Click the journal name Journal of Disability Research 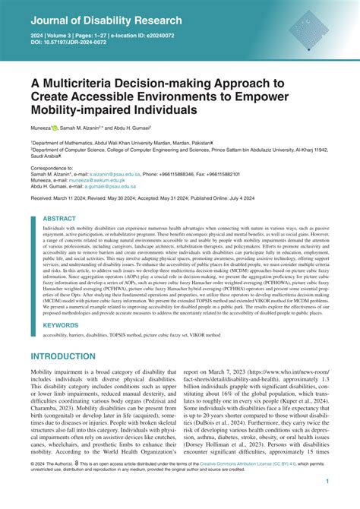(x=106, y=20)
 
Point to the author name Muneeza (x=44, y=129)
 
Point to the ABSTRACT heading (x=59, y=218)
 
